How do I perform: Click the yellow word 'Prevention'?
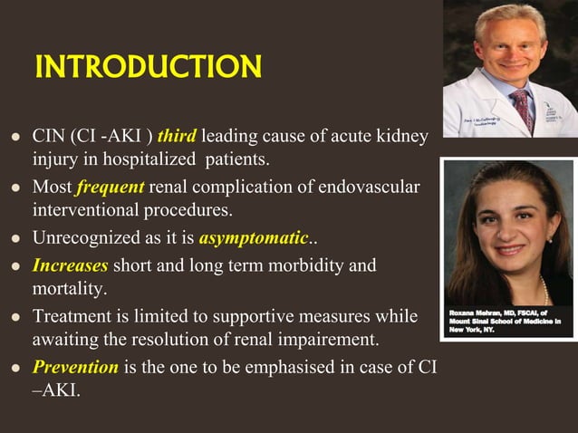75,368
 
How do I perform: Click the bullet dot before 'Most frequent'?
15,189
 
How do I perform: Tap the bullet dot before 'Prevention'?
15,369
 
